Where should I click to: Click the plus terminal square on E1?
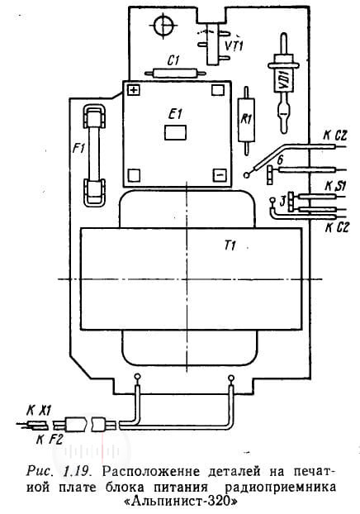[x=133, y=90]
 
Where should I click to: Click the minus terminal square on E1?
[x=219, y=175]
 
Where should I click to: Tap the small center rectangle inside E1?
[x=175, y=132]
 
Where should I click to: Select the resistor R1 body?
[x=247, y=120]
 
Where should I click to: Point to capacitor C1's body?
[x=175, y=73]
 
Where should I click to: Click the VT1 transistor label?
[x=234, y=45]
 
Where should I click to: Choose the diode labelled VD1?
[x=284, y=83]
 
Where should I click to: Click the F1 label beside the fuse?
[x=78, y=150]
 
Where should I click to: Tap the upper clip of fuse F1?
[x=94, y=117]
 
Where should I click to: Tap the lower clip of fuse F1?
[x=95, y=193]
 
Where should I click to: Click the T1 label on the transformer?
[x=230, y=245]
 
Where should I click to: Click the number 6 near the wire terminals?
[x=280, y=160]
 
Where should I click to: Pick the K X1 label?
[x=39, y=411]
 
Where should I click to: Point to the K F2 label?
[x=50, y=440]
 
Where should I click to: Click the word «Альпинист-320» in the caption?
[x=181, y=502]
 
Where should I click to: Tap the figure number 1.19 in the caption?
[x=77, y=472]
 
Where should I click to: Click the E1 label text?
[x=175, y=114]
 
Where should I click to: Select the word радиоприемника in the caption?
[x=281, y=488]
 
